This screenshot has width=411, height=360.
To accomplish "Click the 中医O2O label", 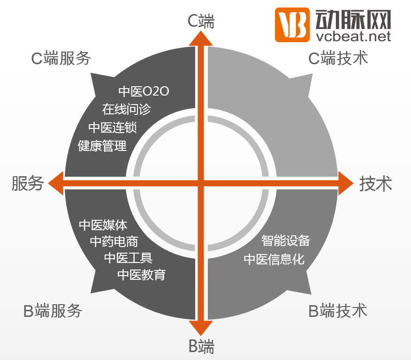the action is click(x=144, y=91).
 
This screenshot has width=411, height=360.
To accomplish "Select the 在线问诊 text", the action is click(x=127, y=109).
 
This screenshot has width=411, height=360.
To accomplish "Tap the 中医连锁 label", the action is click(x=113, y=127).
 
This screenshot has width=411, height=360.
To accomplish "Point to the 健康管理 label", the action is click(x=102, y=146).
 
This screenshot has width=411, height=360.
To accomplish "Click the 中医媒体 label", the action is click(x=103, y=225).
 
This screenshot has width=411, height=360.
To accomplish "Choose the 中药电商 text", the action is click(x=114, y=241).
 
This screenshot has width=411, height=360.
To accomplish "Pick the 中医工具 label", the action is click(x=128, y=258).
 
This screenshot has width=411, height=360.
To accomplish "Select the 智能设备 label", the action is click(x=286, y=241).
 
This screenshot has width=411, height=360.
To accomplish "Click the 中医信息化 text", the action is click(x=274, y=259).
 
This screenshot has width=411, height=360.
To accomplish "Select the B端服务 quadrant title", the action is click(x=53, y=311).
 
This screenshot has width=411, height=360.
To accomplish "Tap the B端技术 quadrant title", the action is click(x=338, y=311).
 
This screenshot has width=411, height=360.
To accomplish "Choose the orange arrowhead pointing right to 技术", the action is click(x=345, y=182).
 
